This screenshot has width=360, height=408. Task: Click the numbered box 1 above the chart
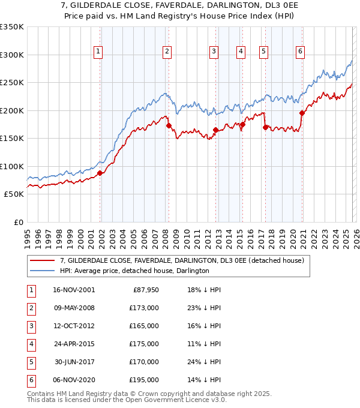(98, 52)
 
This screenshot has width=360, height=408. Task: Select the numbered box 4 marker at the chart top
(240, 52)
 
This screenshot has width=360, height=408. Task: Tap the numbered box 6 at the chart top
(299, 52)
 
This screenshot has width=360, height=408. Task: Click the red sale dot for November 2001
(100, 173)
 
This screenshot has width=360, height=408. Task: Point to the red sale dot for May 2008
(169, 125)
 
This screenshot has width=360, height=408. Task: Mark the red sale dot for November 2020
(302, 113)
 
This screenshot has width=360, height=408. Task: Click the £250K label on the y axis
(12, 82)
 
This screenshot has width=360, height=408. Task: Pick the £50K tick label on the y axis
(14, 194)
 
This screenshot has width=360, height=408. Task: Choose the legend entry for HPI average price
(134, 271)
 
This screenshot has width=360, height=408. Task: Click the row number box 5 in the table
(30, 361)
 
